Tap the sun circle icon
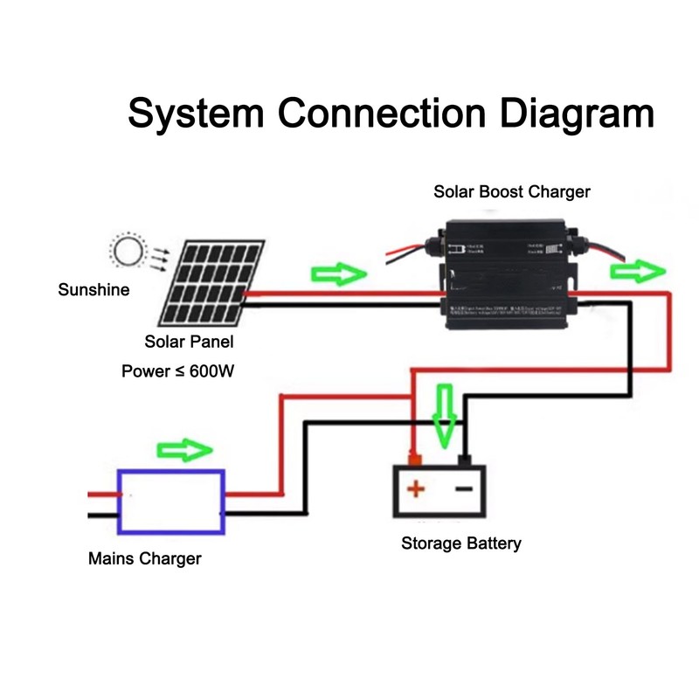point(128,253)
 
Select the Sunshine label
point(93,289)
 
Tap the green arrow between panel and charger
point(337,275)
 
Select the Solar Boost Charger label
point(512,191)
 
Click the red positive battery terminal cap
point(415,460)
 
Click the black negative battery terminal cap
point(465,460)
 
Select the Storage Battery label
point(461,543)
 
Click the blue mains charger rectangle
point(171,502)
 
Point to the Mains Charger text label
point(144,558)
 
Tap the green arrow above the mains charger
point(184,451)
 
